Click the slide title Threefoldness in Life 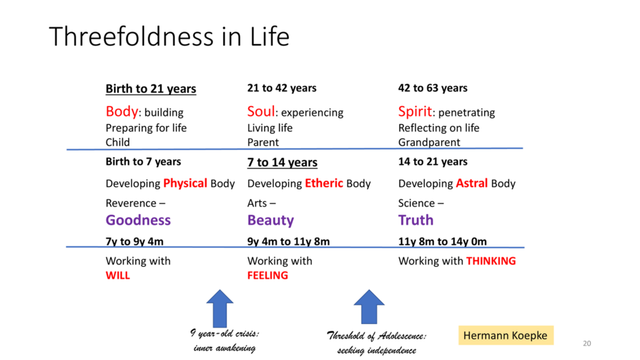coord(169,36)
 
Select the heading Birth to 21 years coord(151,89)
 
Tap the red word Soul coord(261,111)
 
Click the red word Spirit coord(415,111)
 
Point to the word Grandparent coord(429,142)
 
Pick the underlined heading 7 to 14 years coord(282,162)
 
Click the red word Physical coord(185,183)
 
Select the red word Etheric coord(324,183)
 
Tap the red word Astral coord(471,183)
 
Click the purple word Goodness coord(138,220)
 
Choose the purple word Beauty coord(270,221)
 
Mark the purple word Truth coord(415,220)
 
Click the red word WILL coord(117,275)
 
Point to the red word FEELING coord(267,275)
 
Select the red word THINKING coord(491,261)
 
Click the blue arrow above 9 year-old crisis coord(219,308)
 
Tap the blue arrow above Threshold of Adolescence coord(369,307)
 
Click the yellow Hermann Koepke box coord(506,335)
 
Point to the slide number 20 coord(587,343)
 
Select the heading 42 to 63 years coord(433,88)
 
